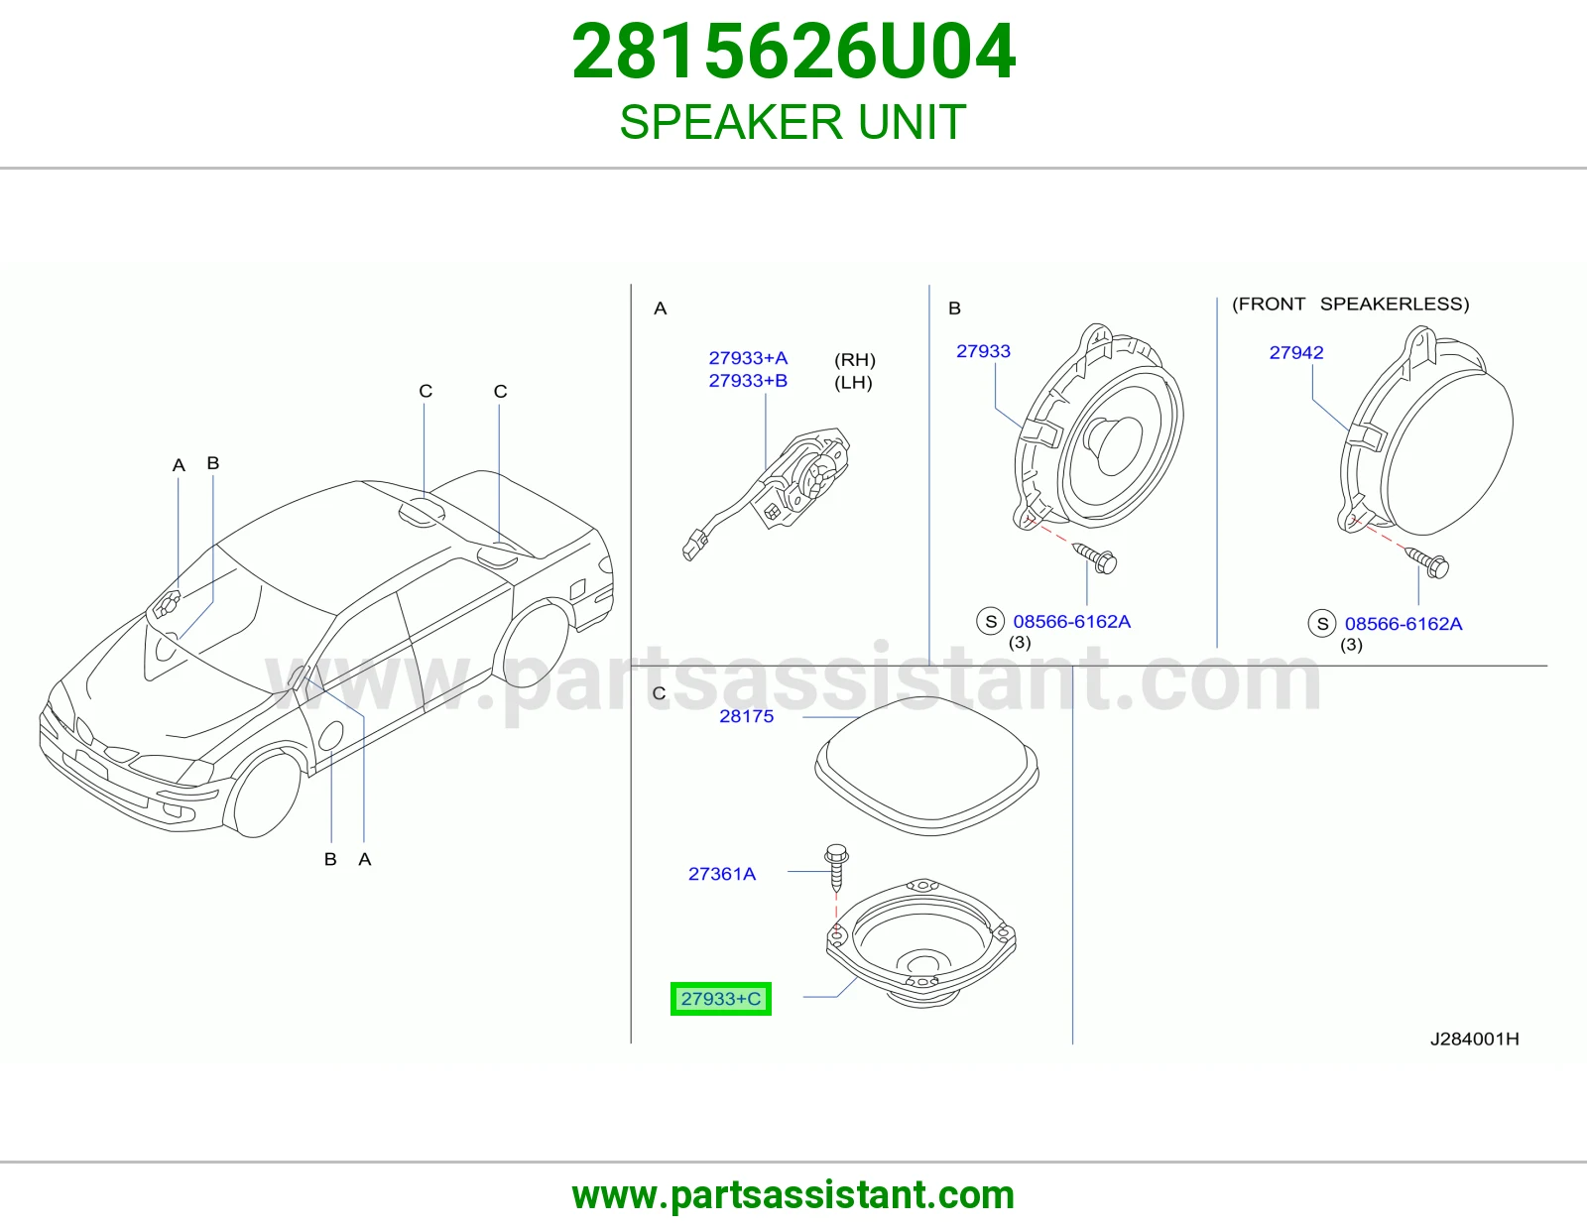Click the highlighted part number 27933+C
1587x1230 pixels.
click(x=721, y=999)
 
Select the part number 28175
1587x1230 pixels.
click(x=746, y=716)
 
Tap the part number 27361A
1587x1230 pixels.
click(x=721, y=874)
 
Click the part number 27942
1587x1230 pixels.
click(x=1295, y=353)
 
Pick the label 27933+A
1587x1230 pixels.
click(x=748, y=358)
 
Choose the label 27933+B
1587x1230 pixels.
click(x=748, y=381)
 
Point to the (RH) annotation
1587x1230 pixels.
click(x=854, y=359)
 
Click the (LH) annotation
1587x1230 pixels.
click(x=853, y=382)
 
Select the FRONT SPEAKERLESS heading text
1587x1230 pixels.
click(x=1350, y=304)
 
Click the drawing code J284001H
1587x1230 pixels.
click(x=1475, y=1039)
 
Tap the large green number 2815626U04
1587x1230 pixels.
click(x=793, y=52)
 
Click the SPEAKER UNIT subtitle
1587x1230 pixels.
click(x=793, y=122)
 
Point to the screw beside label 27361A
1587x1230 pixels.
click(x=836, y=868)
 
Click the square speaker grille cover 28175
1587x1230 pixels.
click(x=926, y=767)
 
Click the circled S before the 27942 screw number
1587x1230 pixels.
click(x=1322, y=624)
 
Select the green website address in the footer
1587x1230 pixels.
click(x=793, y=1195)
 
